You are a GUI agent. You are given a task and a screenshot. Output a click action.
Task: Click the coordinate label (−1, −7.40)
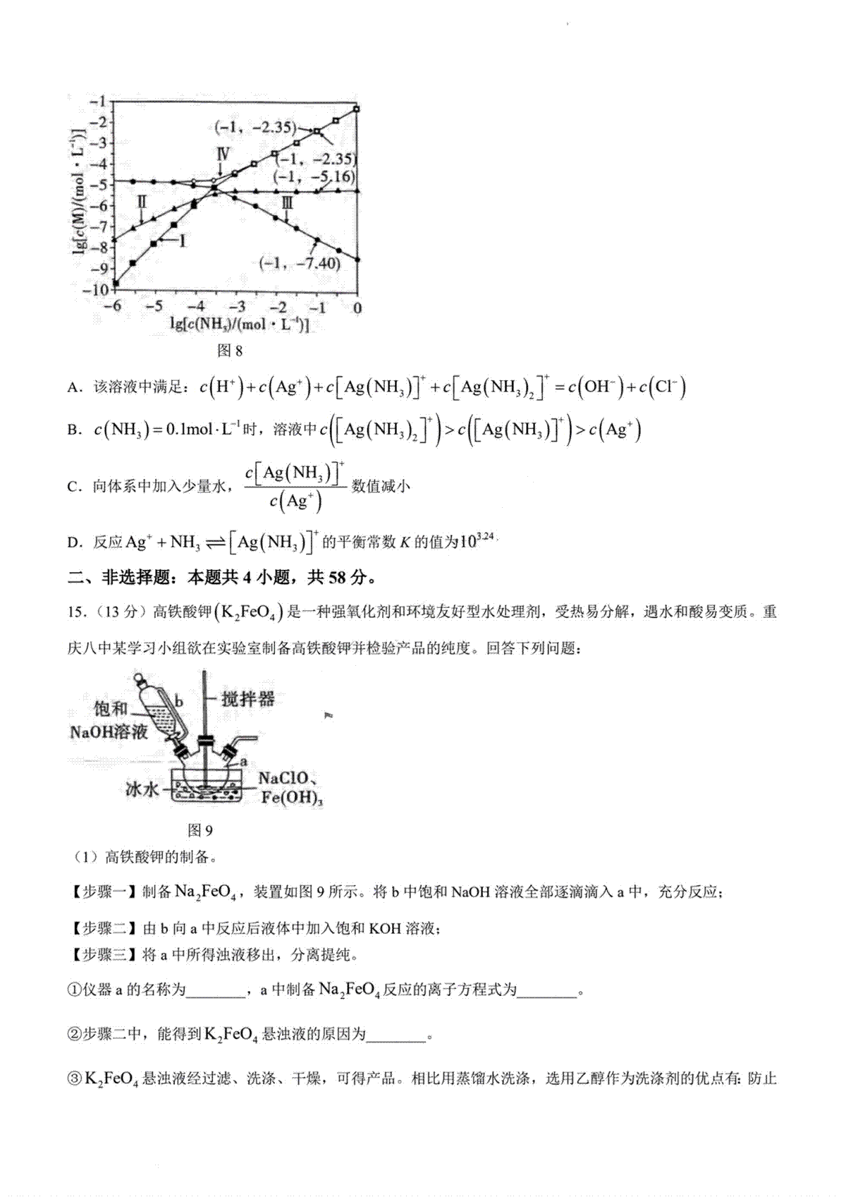pos(300,264)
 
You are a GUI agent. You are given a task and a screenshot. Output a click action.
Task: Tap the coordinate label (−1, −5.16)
pos(315,176)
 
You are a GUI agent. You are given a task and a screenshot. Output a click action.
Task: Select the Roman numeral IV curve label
pos(222,155)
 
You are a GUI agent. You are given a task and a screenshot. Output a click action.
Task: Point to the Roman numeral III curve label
pos(288,205)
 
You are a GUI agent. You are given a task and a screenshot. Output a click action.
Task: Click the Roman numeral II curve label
pos(142,203)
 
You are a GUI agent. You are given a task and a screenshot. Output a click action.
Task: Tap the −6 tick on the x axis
pos(111,308)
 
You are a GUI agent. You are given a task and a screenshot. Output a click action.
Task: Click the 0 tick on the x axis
pos(357,308)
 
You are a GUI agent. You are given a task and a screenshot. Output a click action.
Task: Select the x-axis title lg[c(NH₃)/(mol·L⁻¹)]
pos(239,324)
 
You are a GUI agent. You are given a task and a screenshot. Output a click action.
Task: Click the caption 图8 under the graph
pos(230,351)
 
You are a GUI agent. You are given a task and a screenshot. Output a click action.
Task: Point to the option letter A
pos(72,388)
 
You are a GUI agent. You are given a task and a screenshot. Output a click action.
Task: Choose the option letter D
pos(72,542)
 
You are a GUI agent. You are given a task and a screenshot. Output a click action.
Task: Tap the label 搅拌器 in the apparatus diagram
pos(247,699)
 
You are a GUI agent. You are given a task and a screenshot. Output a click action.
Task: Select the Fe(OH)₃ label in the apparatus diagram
pos(292,798)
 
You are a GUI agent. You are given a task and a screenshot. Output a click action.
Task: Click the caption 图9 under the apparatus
pos(200,830)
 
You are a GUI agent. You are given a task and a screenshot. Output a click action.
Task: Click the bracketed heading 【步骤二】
pos(104,929)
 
